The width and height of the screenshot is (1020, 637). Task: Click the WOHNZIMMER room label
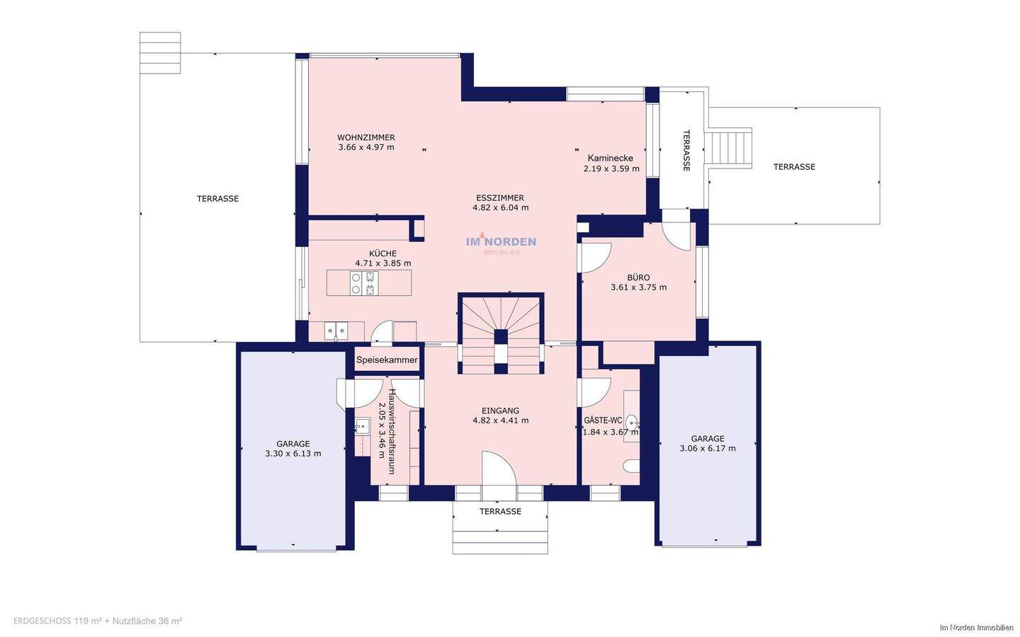pos(365,137)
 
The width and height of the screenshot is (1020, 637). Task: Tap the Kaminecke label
pos(610,159)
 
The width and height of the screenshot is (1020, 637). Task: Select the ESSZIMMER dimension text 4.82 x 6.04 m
pos(500,208)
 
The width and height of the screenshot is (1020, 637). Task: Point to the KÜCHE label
pos(382,253)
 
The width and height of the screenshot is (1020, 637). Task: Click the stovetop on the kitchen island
pos(364,283)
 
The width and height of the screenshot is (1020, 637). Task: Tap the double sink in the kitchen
pos(336,331)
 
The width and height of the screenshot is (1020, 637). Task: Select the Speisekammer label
pos(387,360)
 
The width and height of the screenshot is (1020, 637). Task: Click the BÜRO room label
pos(638,277)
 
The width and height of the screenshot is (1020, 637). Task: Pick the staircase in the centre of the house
pos(501,334)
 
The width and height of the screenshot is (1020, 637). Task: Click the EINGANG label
pos(500,411)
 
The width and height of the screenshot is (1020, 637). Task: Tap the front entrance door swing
pos(499,469)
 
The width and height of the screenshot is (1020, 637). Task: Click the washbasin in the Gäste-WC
pos(633,423)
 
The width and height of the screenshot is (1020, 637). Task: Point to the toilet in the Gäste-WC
pos(632,466)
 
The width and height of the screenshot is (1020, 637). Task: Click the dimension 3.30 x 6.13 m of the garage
pos(293,454)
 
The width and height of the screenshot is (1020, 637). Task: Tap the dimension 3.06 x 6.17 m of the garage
pos(708,448)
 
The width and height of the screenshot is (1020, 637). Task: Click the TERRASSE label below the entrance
pos(500,512)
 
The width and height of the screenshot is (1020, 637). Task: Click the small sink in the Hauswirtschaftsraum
pos(362,427)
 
